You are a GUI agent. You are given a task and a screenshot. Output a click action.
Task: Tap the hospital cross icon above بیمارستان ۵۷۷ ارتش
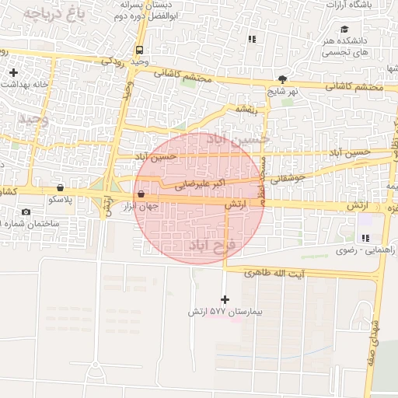pyautogui.click(x=225, y=299)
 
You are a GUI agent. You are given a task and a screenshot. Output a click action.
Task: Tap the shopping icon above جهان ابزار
pyautogui.click(x=141, y=194)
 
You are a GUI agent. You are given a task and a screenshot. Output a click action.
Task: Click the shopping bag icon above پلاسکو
pyautogui.click(x=60, y=187)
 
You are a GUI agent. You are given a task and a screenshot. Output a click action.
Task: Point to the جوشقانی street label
pyautogui.click(x=290, y=178)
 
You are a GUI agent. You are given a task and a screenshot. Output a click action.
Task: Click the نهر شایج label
pyautogui.click(x=284, y=91)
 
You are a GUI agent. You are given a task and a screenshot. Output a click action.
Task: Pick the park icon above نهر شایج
pyautogui.click(x=282, y=79)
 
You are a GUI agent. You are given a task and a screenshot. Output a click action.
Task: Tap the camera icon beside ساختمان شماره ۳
pyautogui.click(x=26, y=212)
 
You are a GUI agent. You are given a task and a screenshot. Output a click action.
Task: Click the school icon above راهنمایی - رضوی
pyautogui.click(x=365, y=238)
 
